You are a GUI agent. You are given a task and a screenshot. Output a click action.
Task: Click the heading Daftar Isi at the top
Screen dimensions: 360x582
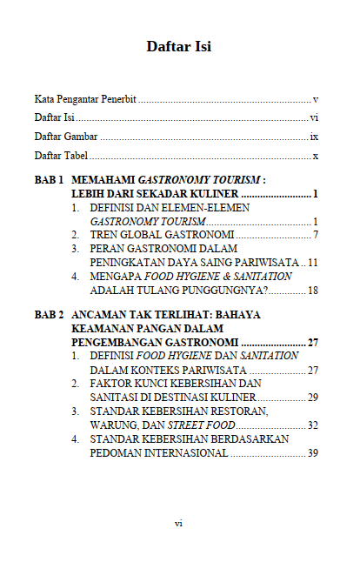(179, 46)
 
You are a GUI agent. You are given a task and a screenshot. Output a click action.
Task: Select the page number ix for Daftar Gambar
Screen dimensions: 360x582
(314, 137)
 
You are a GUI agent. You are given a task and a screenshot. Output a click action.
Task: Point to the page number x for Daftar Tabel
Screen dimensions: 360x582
(317, 156)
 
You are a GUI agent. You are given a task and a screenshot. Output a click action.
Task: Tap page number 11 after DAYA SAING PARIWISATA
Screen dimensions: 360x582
(313, 262)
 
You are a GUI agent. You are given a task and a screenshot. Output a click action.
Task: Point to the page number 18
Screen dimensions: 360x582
(313, 290)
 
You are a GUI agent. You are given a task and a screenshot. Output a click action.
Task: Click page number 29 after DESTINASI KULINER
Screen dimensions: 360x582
(313, 397)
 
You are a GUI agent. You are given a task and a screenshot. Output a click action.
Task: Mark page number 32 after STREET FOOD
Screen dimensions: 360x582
(313, 425)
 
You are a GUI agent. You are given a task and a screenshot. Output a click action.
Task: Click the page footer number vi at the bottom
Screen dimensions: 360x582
(178, 523)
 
